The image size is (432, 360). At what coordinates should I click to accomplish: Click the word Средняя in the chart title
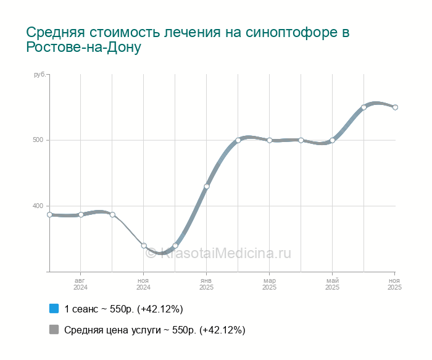coord(56,33)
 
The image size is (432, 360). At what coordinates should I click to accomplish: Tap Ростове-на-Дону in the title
coord(84,48)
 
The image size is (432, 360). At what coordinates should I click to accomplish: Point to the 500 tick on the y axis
coord(40,140)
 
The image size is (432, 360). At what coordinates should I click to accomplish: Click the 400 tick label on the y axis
coord(40,206)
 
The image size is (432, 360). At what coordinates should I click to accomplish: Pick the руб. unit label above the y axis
coord(39,75)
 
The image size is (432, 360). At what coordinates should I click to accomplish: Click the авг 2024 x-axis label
coord(81,284)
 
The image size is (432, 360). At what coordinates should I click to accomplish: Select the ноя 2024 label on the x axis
coord(144,284)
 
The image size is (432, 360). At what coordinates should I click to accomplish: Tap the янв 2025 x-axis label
coord(207,284)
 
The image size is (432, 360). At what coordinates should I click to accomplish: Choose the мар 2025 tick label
coord(270,284)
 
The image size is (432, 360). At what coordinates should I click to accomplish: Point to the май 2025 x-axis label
coord(333,284)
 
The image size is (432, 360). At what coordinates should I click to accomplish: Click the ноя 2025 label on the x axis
coord(395,284)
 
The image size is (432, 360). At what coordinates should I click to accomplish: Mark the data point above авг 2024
coord(81,214)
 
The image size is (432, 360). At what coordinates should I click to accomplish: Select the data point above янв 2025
coord(207,186)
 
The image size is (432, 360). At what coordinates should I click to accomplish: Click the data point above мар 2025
coord(270,140)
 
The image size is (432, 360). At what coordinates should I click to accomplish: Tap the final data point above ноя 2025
coord(395,107)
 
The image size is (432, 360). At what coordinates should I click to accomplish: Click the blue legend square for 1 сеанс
coord(54,308)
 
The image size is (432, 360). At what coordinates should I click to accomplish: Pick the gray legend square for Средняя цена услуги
coord(54,330)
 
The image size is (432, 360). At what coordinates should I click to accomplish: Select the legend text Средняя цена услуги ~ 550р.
coord(154,330)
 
